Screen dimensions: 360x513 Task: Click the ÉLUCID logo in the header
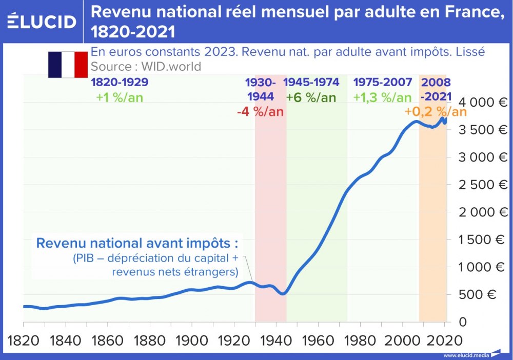click(x=42, y=22)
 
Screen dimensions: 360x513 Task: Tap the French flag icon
click(x=68, y=65)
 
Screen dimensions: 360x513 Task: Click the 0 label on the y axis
click(x=463, y=322)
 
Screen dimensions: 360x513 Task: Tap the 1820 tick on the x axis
click(x=24, y=341)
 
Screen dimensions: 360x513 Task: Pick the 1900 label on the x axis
click(x=191, y=341)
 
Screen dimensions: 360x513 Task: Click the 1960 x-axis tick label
click(x=318, y=341)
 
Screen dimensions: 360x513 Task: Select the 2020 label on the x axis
click(x=444, y=341)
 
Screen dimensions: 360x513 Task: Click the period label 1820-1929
click(x=120, y=83)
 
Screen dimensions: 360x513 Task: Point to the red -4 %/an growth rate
click(x=260, y=112)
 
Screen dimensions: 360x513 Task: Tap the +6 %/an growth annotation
click(x=311, y=97)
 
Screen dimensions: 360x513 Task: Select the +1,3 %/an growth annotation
click(x=382, y=97)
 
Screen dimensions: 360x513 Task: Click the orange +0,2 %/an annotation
click(x=436, y=112)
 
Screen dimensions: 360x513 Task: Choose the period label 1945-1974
click(x=311, y=83)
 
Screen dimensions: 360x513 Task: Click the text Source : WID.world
click(x=146, y=67)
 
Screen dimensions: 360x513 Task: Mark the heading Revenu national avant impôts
click(x=137, y=243)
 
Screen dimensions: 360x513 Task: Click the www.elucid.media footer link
click(x=464, y=355)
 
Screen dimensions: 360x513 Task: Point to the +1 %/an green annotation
click(x=120, y=97)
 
